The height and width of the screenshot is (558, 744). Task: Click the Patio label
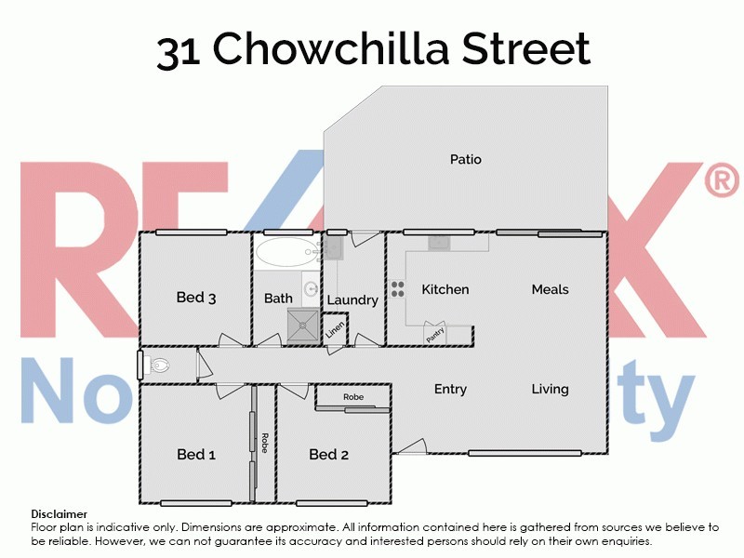click(465, 159)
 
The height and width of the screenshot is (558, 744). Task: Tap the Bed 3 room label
click(196, 298)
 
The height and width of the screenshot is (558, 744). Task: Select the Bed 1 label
click(196, 455)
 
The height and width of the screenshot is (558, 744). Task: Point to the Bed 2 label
click(328, 455)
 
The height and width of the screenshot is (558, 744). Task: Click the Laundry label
click(352, 299)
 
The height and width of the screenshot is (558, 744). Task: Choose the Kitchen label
click(445, 289)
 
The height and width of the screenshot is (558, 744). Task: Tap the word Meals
click(550, 289)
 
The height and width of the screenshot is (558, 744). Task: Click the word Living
click(550, 389)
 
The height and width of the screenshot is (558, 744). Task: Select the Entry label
click(450, 389)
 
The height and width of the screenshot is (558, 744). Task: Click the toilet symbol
click(158, 365)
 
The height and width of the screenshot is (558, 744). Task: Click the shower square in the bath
click(301, 325)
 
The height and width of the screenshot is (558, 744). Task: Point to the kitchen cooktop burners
click(397, 289)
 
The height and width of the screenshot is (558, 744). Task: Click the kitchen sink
click(439, 243)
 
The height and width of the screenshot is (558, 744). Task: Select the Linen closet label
click(334, 329)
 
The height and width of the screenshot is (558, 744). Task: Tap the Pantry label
click(435, 334)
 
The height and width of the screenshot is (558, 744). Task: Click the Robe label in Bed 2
click(352, 397)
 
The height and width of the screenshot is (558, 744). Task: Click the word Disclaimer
click(60, 513)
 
